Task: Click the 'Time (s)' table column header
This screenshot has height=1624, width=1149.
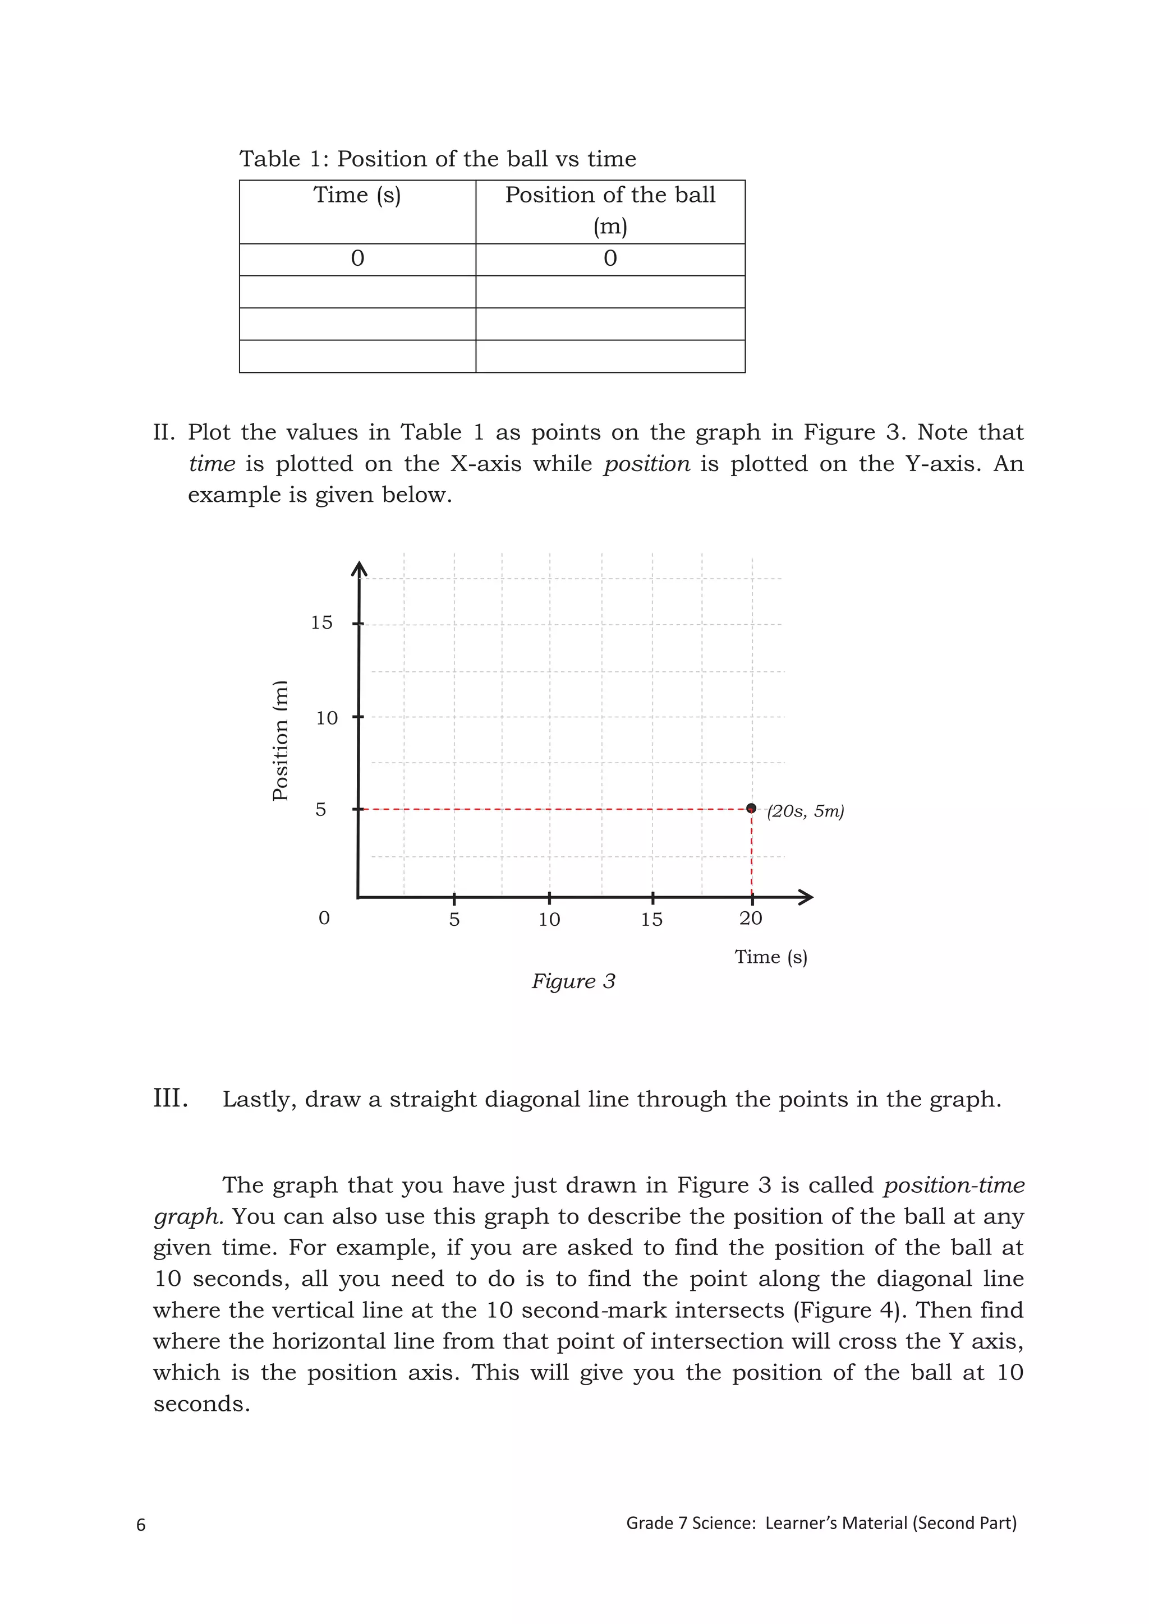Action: (x=357, y=195)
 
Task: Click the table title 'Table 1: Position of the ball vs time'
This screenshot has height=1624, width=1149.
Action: (x=437, y=159)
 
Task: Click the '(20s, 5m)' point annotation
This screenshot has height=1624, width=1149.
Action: (x=806, y=811)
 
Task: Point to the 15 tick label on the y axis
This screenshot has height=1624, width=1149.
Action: (x=321, y=622)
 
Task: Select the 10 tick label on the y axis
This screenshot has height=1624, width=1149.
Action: (x=326, y=718)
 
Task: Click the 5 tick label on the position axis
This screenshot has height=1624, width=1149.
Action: (x=320, y=809)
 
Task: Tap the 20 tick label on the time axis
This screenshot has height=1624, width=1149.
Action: (x=751, y=919)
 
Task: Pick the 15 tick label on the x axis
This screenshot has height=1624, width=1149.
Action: (x=651, y=920)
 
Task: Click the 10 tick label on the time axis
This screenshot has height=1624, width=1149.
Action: (x=549, y=920)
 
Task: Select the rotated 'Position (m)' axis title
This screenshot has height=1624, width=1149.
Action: (x=281, y=740)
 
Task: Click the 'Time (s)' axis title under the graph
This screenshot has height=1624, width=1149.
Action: (x=770, y=957)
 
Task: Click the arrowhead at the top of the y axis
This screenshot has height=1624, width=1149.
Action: (x=360, y=568)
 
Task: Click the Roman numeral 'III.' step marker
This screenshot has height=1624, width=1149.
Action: (x=171, y=1099)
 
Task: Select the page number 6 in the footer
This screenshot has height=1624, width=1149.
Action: (x=141, y=1524)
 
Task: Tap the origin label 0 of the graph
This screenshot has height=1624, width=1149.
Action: (x=324, y=918)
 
